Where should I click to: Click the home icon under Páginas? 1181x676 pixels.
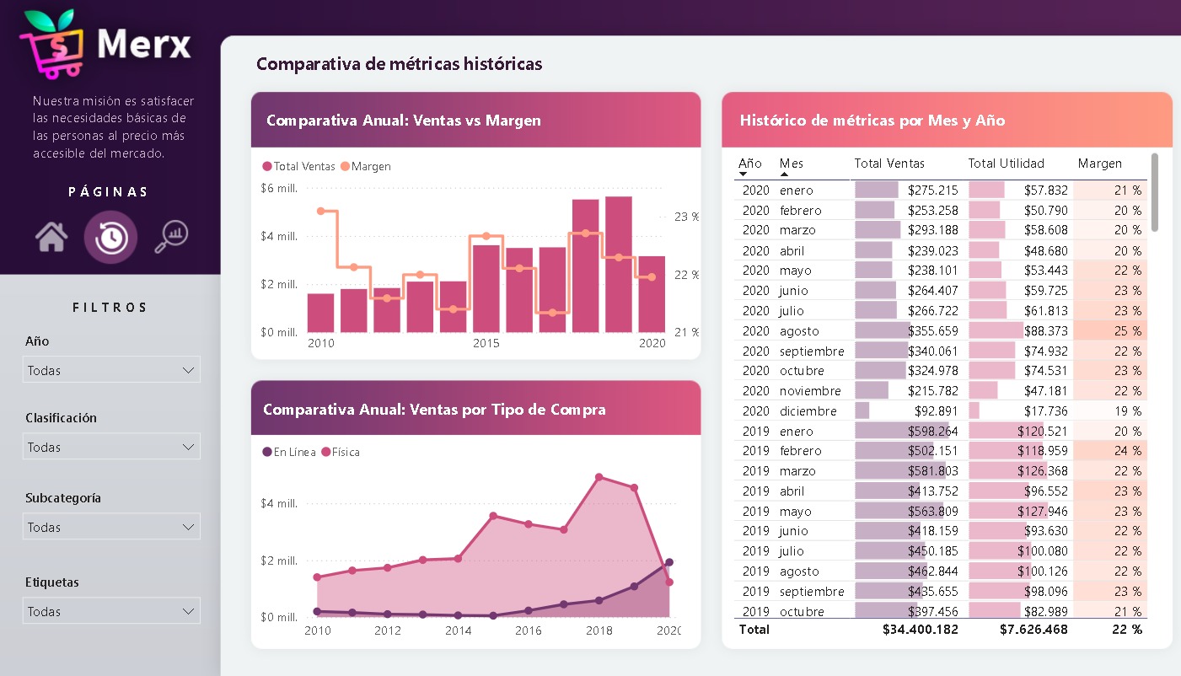[51, 237]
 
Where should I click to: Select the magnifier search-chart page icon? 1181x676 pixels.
[171, 237]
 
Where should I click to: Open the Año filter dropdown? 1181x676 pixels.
[111, 370]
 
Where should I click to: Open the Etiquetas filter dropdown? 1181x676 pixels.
[111, 611]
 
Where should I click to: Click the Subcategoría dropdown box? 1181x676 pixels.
[111, 527]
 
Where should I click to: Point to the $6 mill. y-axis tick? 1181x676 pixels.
[279, 188]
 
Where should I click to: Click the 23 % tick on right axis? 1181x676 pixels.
[685, 217]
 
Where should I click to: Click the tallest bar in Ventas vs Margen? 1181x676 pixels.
[618, 264]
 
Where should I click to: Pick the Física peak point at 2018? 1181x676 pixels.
[599, 477]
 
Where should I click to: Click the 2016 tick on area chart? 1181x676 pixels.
[528, 630]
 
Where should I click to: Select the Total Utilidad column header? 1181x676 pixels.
[1006, 164]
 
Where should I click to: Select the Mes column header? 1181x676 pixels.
[792, 164]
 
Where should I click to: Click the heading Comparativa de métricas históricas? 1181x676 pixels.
[399, 64]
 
